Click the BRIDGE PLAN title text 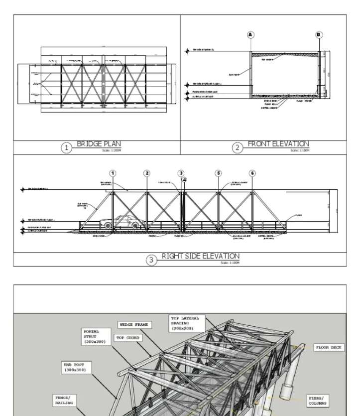click(x=98, y=144)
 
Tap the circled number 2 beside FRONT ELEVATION click(x=237, y=147)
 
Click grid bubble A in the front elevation click(x=250, y=35)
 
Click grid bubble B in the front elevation click(x=319, y=35)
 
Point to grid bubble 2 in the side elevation click(x=147, y=173)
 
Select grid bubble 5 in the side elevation click(x=218, y=173)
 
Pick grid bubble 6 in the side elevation click(x=252, y=173)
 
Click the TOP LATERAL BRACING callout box click(x=185, y=322)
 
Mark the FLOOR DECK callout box click(x=328, y=347)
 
